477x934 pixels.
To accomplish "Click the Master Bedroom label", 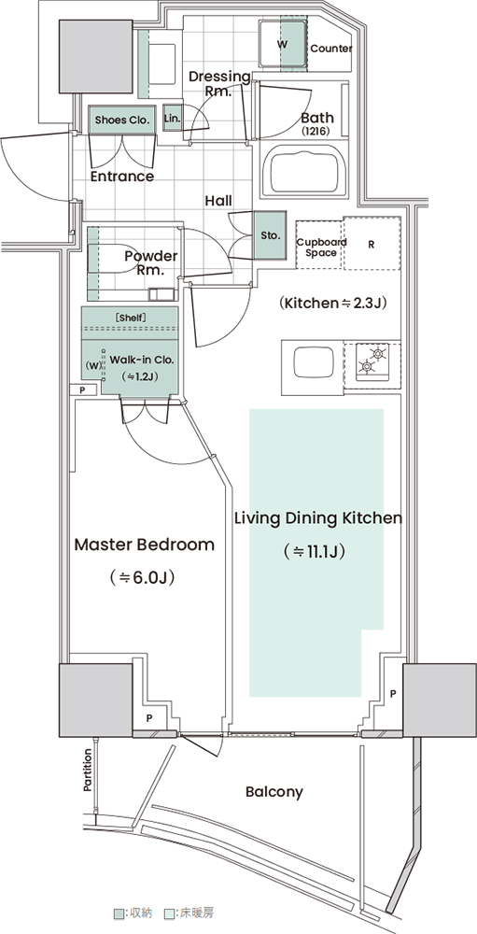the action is (x=144, y=545).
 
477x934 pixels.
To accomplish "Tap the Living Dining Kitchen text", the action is (x=318, y=518).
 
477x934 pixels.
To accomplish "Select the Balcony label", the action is (x=274, y=792).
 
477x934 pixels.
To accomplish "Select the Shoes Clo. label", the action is (x=121, y=120).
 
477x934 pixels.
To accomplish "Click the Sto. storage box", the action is (x=271, y=235).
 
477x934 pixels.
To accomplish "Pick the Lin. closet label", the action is (x=172, y=118).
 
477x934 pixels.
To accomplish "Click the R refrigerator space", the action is (x=371, y=244).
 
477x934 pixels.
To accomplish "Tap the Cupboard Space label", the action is (x=321, y=248).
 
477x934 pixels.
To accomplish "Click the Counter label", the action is (x=331, y=49).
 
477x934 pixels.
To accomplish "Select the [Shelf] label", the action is (x=130, y=318).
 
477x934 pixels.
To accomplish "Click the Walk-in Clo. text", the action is (x=141, y=361).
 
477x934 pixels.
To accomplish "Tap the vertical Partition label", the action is (x=87, y=771).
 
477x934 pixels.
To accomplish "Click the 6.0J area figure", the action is (x=143, y=577).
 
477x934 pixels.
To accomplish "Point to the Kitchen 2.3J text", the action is (x=333, y=303).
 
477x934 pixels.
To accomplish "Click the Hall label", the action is (x=218, y=201).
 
